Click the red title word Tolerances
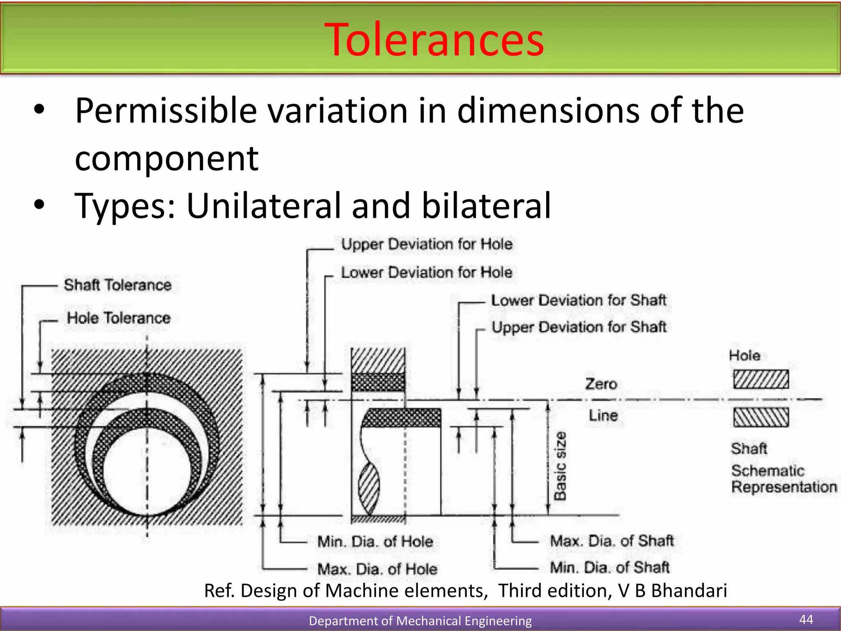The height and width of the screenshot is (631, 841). pos(434,40)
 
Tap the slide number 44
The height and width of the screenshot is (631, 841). pos(806,619)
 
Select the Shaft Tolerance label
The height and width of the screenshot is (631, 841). pos(117,285)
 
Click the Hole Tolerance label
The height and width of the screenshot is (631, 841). pos(119,318)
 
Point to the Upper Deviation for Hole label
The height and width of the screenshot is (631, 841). pos(427,244)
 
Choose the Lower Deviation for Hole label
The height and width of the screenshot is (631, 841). pos(427,272)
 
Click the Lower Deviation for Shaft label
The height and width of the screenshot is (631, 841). pos(578,300)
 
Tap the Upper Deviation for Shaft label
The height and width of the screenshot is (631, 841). pos(579,327)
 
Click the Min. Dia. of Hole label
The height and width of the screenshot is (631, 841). pos(375,541)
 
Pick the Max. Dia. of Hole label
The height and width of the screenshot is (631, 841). pos(377,569)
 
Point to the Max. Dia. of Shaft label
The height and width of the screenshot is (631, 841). pos(611,541)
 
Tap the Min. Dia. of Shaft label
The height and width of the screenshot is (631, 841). pos(609,567)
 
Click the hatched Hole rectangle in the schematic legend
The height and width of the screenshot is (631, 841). pos(761,379)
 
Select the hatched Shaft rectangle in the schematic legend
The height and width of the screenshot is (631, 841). pos(761,417)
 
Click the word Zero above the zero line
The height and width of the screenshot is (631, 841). pos(601,384)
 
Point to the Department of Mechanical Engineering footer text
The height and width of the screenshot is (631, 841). pos(420,620)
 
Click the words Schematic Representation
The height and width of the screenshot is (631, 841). pos(783,479)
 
